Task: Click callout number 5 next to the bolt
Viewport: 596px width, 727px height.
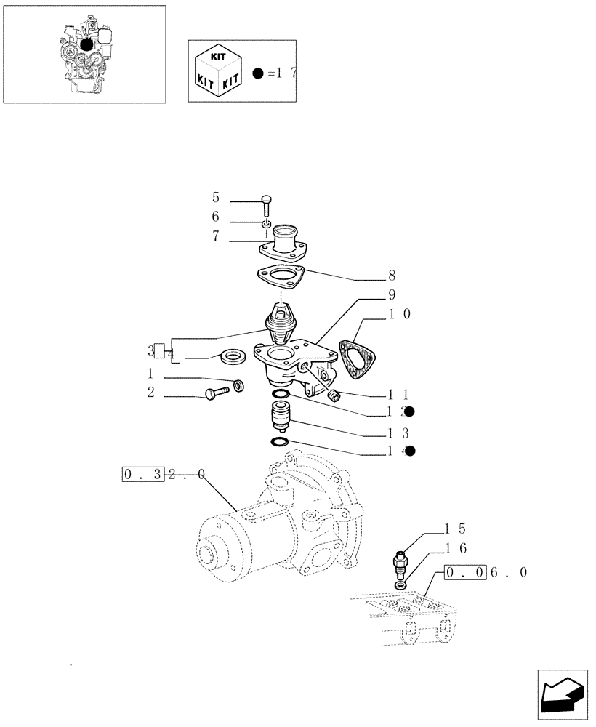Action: click(x=215, y=198)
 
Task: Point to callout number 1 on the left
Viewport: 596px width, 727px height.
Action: click(x=150, y=374)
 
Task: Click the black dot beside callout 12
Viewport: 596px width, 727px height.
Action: click(x=409, y=411)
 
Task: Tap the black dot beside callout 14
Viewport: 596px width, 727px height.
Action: click(x=409, y=451)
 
